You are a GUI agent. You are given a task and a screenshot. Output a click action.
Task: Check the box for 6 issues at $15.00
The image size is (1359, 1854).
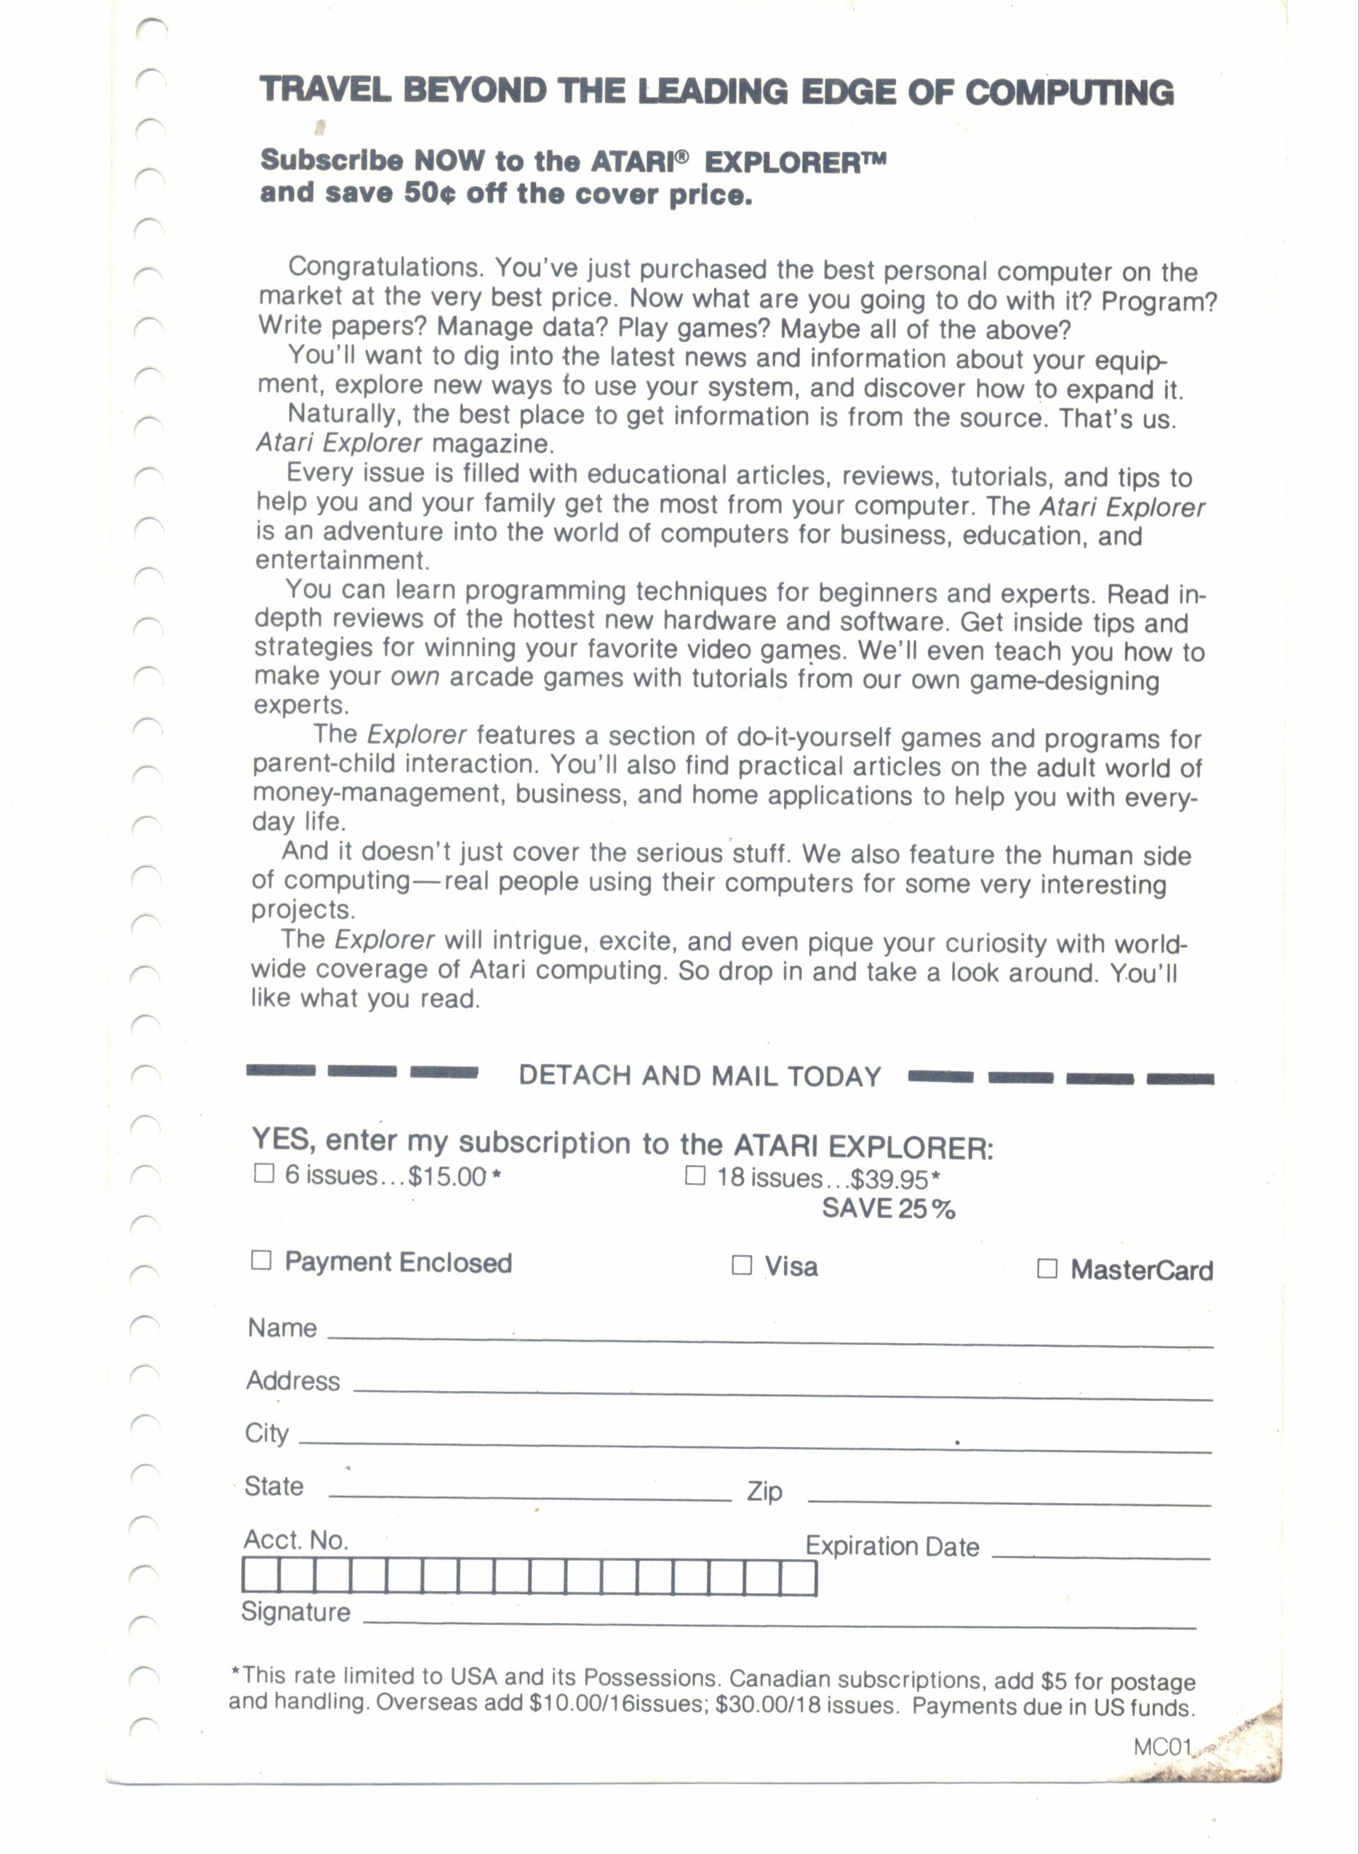pos(263,1173)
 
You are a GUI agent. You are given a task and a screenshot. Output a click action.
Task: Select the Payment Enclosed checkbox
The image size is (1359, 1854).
pos(260,1260)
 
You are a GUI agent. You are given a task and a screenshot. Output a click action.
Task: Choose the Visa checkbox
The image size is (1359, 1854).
pos(741,1265)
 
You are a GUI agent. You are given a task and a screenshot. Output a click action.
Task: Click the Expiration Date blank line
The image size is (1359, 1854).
pos(1100,1555)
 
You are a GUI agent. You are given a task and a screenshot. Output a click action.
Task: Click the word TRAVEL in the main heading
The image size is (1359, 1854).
pos(325,90)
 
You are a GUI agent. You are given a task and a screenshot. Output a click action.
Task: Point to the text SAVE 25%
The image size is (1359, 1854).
pos(888,1209)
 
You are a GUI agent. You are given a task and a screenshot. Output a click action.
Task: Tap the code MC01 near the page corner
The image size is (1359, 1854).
pos(1162,1746)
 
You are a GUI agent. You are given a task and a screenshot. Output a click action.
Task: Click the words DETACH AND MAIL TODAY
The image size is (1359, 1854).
pos(699,1076)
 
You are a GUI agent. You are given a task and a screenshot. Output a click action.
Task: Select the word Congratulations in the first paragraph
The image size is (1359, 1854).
pos(386,267)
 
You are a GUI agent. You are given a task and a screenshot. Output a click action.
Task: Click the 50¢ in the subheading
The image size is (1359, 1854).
pos(429,193)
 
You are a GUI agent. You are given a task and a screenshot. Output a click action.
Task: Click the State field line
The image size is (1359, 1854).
pos(529,1498)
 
